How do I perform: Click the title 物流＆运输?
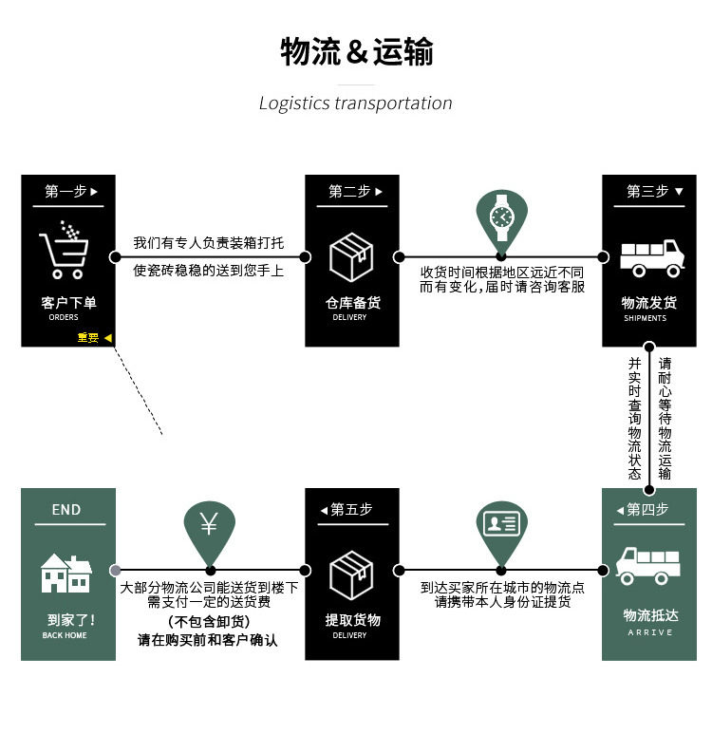tap(356, 51)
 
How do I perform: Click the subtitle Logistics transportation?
tap(356, 103)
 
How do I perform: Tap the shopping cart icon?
tap(65, 251)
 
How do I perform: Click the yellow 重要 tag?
tap(88, 337)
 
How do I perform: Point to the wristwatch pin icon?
tap(501, 218)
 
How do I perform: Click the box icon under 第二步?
tap(351, 256)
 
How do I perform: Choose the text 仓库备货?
tap(352, 303)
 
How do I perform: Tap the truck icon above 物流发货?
tap(651, 256)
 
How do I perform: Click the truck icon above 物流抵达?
tap(648, 564)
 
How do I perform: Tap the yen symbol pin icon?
tap(209, 526)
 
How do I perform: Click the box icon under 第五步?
tap(351, 574)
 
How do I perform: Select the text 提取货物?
tap(352, 620)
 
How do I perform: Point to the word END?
tap(66, 510)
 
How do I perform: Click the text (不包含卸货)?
tap(209, 621)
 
